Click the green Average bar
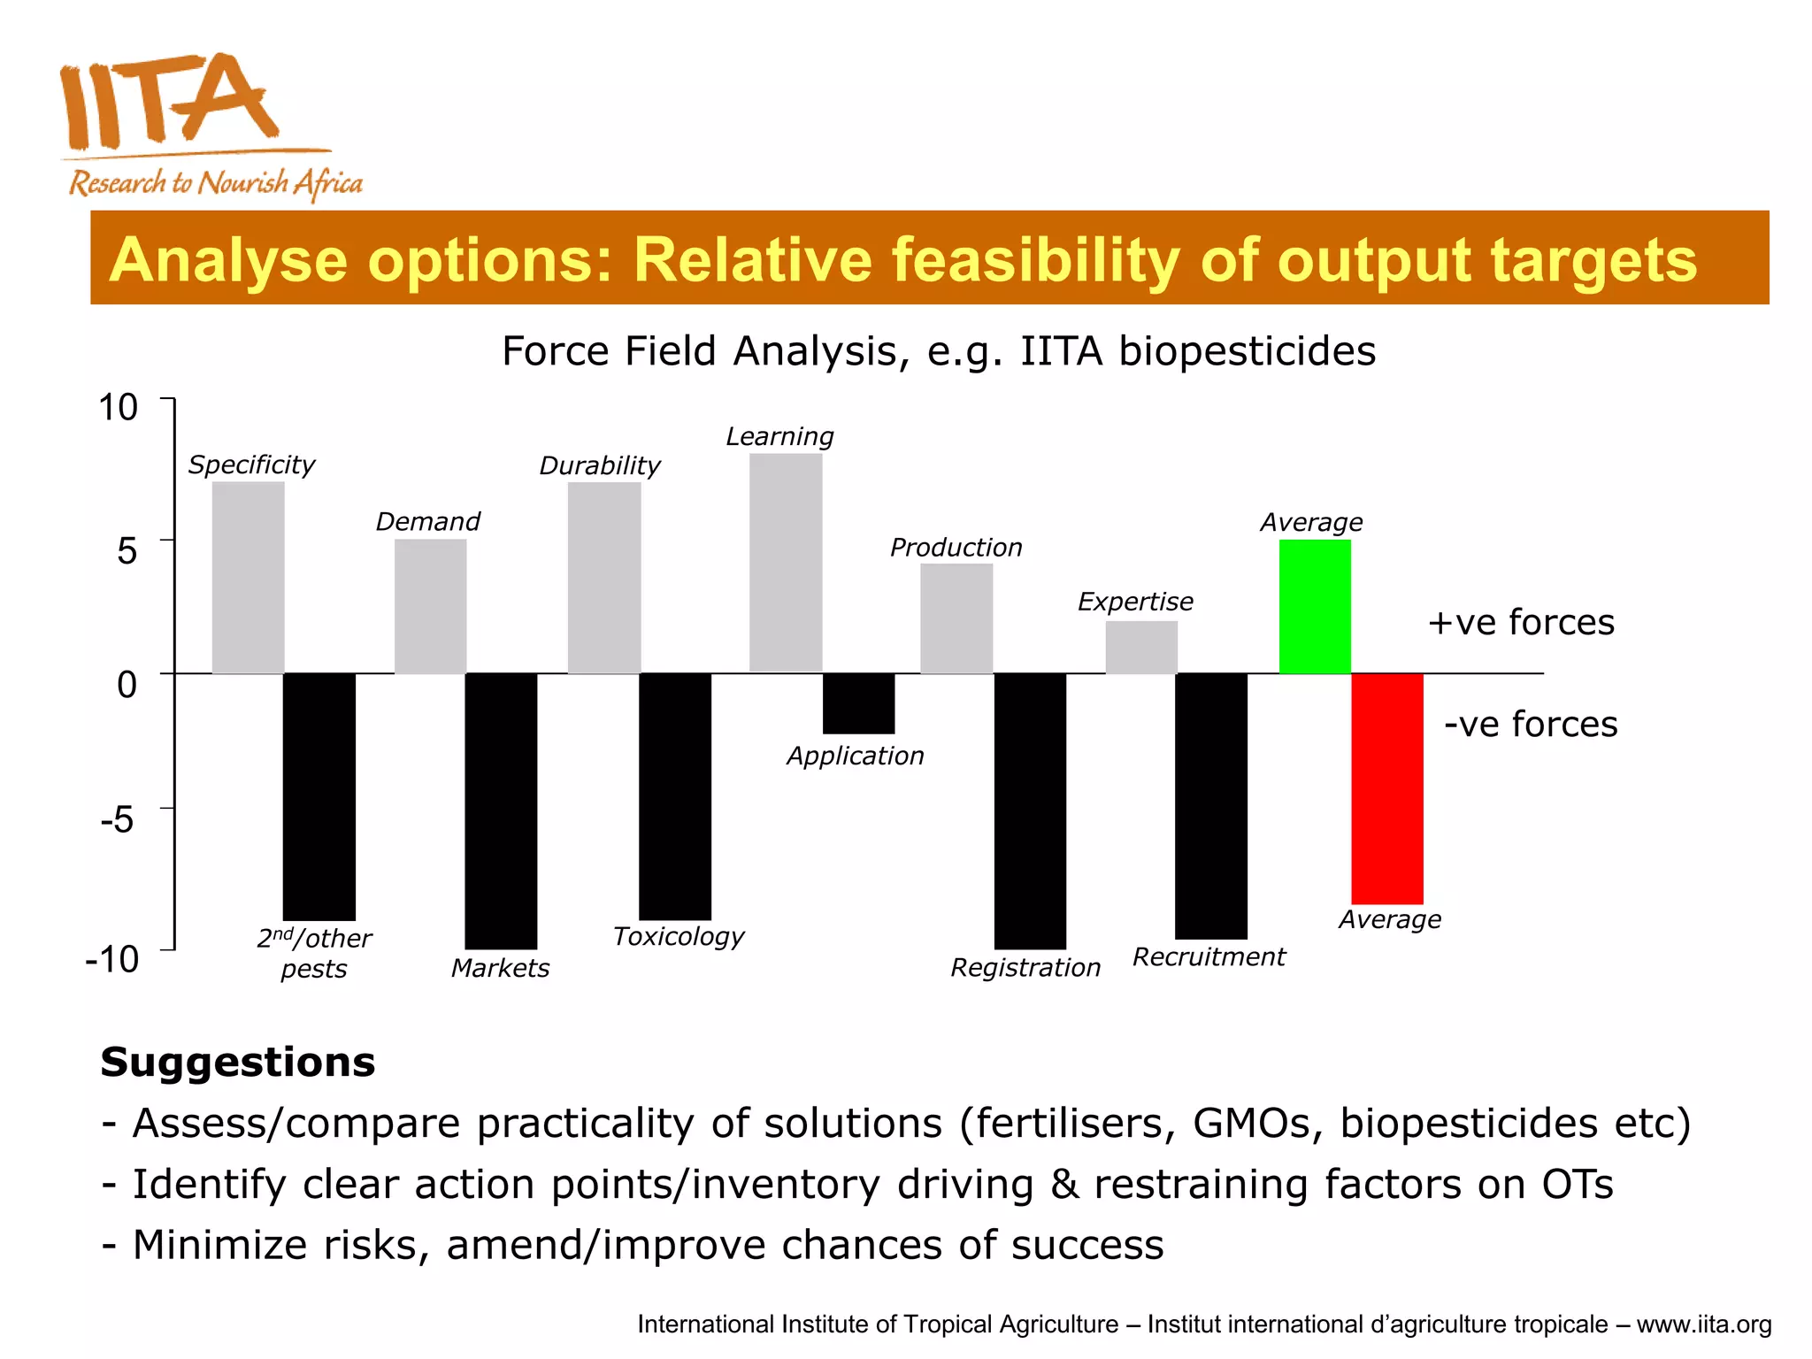[1315, 607]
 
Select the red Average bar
[1386, 787]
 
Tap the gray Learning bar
[786, 563]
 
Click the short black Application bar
[858, 703]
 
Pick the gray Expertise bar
[1141, 647]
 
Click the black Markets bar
[501, 810]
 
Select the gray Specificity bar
[249, 577]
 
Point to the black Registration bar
[1030, 810]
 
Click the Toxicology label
[679, 936]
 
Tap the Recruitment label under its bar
[1209, 956]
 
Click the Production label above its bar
[956, 548]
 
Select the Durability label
[600, 465]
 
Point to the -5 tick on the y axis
[118, 819]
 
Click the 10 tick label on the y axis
[118, 408]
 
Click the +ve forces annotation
[1521, 622]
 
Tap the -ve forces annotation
[1531, 724]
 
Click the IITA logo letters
[168, 102]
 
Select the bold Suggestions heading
[238, 1062]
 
